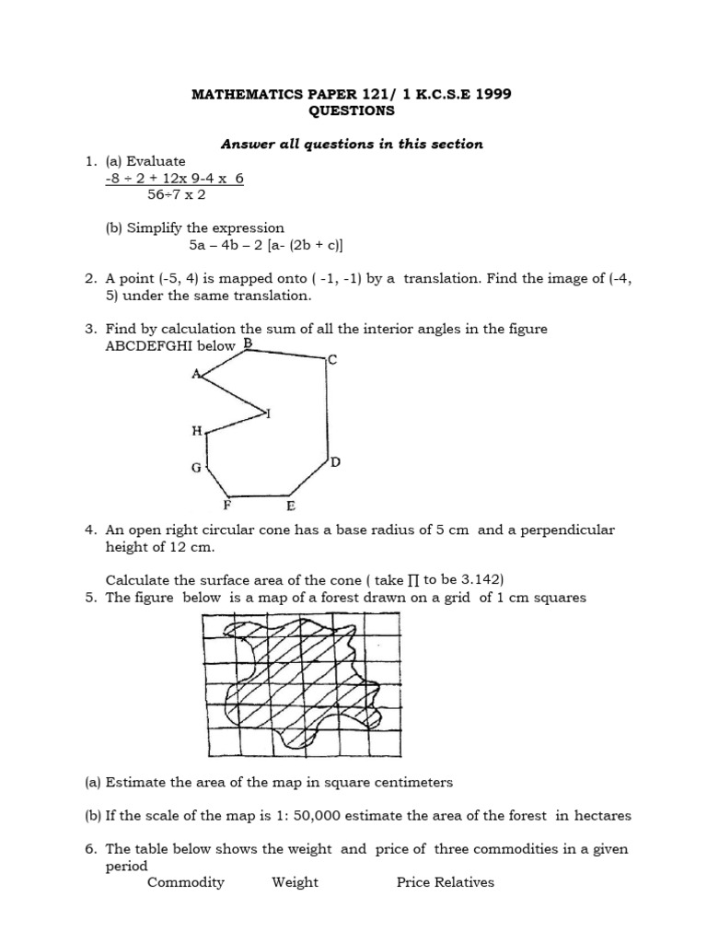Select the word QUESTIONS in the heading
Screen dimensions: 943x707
[353, 111]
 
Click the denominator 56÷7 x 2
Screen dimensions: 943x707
[176, 194]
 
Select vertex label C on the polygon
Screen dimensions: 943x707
[332, 359]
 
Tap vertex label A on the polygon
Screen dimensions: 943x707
[195, 374]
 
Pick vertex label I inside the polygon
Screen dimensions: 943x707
[268, 413]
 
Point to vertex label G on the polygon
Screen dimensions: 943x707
[195, 468]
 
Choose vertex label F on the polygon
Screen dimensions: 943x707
[227, 506]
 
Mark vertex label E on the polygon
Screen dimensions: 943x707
[290, 506]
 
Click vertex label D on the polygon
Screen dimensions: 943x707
[336, 462]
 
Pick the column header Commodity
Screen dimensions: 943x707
[186, 882]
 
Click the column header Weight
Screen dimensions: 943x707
[295, 882]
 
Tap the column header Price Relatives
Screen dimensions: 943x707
[445, 882]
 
